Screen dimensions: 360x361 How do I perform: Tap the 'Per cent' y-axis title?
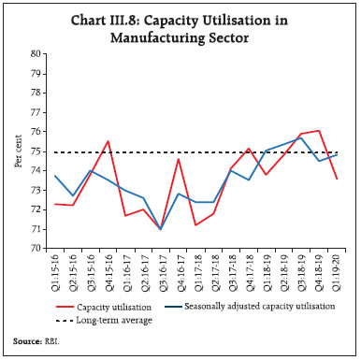[x=16, y=151]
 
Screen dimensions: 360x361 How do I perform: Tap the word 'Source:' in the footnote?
[x=28, y=343]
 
